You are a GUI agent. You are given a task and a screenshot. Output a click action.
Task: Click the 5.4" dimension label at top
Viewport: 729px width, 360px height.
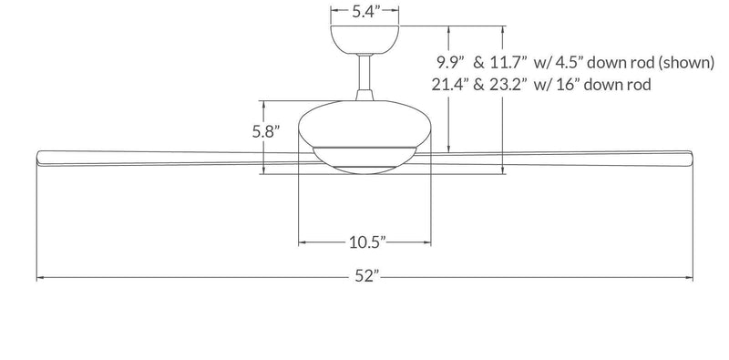pyautogui.click(x=365, y=12)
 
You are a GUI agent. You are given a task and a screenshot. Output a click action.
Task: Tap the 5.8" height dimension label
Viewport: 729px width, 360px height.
pyautogui.click(x=265, y=130)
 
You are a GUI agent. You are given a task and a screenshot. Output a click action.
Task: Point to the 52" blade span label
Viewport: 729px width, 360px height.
pyautogui.click(x=367, y=277)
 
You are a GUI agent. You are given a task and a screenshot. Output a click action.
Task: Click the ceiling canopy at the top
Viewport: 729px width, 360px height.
pyautogui.click(x=365, y=39)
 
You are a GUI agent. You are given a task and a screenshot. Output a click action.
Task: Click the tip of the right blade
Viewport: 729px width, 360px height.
pyautogui.click(x=693, y=155)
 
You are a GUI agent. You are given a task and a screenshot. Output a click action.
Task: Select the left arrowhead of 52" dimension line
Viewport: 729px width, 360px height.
pyautogui.click(x=39, y=277)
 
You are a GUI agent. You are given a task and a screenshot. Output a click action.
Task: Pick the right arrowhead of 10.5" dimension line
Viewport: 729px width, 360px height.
pyautogui.click(x=427, y=242)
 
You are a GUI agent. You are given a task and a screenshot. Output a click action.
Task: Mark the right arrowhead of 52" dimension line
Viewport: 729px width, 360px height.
pyautogui.click(x=692, y=277)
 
